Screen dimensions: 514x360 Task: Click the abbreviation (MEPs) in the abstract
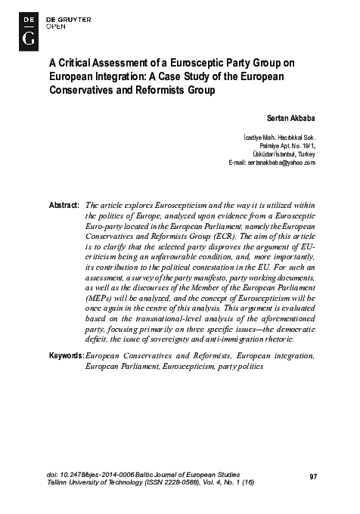(101, 299)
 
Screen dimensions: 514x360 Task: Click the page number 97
(314, 475)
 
